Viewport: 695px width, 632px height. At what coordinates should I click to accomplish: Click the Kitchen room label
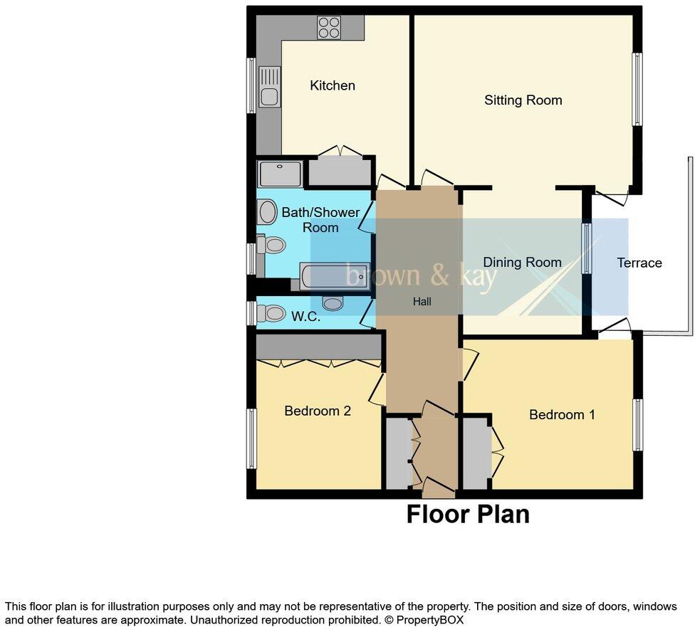[x=333, y=86]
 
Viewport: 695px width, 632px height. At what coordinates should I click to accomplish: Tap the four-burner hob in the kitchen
[x=329, y=27]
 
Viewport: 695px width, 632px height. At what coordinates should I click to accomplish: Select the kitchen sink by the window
[x=269, y=86]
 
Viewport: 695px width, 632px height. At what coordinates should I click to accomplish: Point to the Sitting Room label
[x=523, y=100]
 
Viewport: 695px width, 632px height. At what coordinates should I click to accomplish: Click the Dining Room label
[x=522, y=263]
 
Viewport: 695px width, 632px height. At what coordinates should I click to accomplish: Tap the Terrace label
[x=639, y=263]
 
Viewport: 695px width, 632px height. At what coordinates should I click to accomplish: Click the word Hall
[x=422, y=302]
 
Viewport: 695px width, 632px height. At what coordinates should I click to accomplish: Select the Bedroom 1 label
[x=562, y=415]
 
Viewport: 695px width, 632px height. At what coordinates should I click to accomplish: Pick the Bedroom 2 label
[x=318, y=411]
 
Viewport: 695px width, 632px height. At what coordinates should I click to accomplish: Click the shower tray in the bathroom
[x=280, y=174]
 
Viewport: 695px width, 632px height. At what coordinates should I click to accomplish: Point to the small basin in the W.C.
[x=332, y=304]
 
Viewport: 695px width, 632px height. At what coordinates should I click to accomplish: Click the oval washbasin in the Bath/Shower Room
[x=268, y=212]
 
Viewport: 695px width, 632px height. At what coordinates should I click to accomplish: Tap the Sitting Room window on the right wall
[x=637, y=89]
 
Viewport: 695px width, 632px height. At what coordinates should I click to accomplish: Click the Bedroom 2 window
[x=251, y=438]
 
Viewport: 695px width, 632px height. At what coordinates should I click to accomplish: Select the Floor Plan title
[x=468, y=514]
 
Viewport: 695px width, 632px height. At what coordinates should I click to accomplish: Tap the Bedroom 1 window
[x=638, y=425]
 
